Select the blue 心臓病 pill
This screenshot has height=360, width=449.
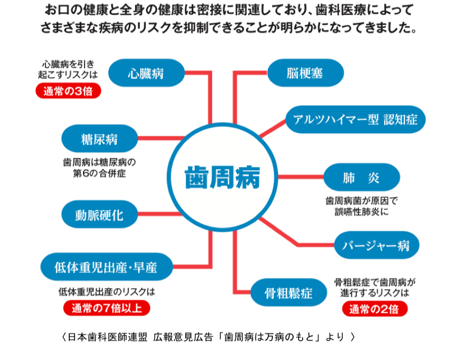[x=146, y=73]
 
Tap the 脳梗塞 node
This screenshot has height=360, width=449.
[x=305, y=73]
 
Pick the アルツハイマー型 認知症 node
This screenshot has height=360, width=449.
[x=355, y=119]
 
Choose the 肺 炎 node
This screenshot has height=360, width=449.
[x=361, y=177]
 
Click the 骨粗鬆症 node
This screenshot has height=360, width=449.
[x=289, y=293]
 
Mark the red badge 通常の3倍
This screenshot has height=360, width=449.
[x=68, y=91]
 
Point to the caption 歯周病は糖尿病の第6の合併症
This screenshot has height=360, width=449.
[x=100, y=168]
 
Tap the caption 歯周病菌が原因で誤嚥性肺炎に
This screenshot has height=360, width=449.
[x=361, y=206]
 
